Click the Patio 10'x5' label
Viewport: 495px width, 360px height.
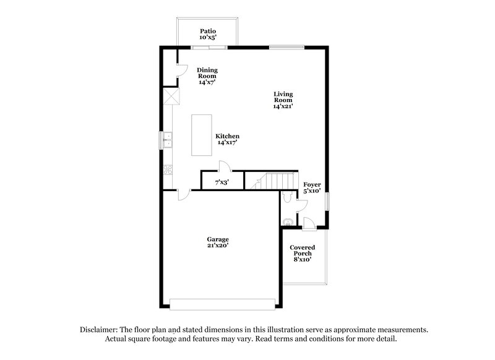pos(207,34)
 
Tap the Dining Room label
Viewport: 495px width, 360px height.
pos(207,76)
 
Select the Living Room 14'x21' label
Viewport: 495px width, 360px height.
pos(283,100)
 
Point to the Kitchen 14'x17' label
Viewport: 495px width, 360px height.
pos(227,139)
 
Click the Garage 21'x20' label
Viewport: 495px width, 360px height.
pos(218,242)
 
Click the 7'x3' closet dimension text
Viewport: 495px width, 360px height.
pos(222,182)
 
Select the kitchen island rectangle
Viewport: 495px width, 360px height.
pos(200,135)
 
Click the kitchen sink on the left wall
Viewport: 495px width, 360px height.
pos(167,141)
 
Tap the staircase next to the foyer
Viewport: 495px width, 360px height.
pos(272,180)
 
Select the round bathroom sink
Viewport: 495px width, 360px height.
pos(288,221)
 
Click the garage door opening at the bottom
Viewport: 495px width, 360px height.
pos(223,304)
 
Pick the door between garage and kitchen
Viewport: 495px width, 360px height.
pos(183,194)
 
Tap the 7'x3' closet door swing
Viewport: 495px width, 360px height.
pos(226,166)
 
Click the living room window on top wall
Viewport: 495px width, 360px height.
pos(286,46)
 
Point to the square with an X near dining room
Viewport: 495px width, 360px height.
pos(171,96)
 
